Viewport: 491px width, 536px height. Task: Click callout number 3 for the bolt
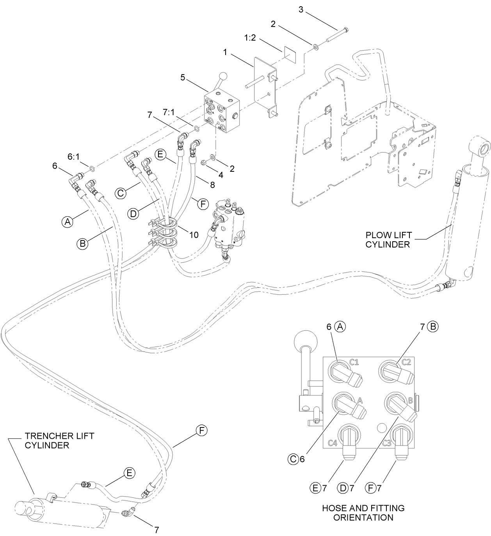click(x=301, y=9)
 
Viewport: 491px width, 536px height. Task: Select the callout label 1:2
click(x=251, y=38)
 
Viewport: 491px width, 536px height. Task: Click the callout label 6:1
click(x=73, y=156)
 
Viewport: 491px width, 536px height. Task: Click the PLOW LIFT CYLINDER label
click(x=388, y=240)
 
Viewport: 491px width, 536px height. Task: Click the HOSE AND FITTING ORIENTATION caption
click(x=363, y=513)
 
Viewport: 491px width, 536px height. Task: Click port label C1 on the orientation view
click(x=354, y=362)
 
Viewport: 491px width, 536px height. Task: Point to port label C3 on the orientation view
click(x=386, y=443)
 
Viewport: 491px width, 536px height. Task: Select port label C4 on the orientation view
click(x=333, y=443)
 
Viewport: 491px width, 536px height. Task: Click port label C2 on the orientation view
click(x=406, y=362)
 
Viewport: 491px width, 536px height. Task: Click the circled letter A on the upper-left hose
click(x=67, y=222)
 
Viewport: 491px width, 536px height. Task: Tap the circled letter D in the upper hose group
click(x=133, y=214)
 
